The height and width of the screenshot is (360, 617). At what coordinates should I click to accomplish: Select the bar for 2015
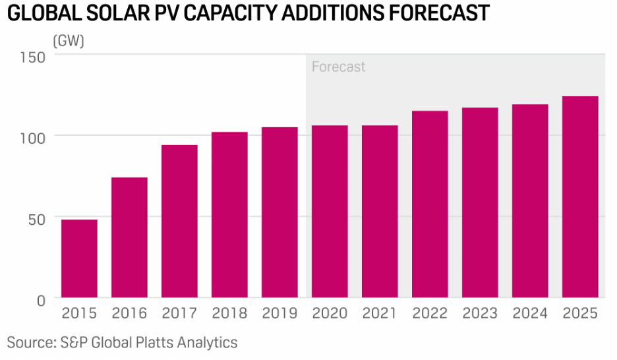click(x=79, y=258)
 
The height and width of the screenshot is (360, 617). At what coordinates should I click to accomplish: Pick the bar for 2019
click(x=279, y=212)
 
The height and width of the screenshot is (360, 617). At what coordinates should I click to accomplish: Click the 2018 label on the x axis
click(x=229, y=313)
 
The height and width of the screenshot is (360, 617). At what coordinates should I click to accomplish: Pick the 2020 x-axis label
click(x=330, y=313)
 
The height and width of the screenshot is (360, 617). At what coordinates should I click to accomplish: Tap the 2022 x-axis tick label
click(x=430, y=313)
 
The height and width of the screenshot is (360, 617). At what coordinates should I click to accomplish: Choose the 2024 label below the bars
click(x=530, y=313)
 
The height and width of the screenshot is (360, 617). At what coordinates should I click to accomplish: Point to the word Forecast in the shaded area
click(x=338, y=67)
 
